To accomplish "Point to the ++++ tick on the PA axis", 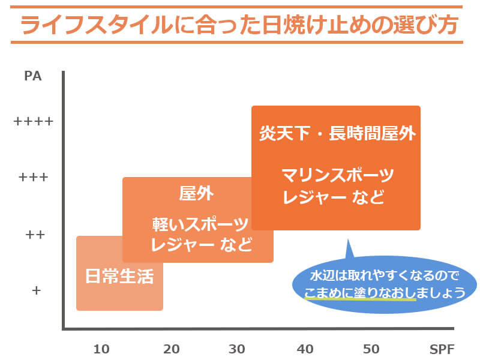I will tap(33, 121).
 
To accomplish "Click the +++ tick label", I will tap(33, 178).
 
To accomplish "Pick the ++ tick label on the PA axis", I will tap(35, 234).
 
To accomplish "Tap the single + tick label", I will tap(35, 290).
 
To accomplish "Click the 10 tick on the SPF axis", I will tap(102, 349).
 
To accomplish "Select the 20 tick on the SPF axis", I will tap(172, 349).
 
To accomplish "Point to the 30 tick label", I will tap(237, 349).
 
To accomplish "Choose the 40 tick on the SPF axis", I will tap(305, 349).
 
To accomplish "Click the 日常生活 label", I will tap(119, 277).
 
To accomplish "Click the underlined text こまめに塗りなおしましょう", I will tap(385, 293).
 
